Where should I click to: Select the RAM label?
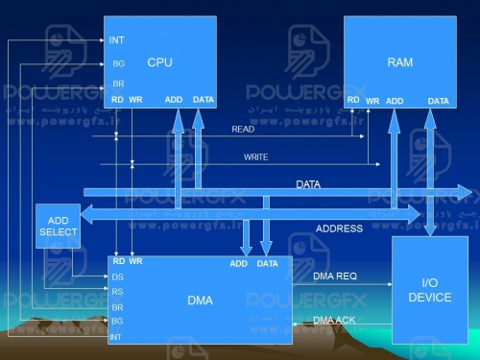click(399, 62)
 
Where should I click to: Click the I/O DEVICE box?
click(429, 290)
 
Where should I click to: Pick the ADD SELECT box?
click(58, 227)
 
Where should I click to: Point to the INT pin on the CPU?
click(117, 40)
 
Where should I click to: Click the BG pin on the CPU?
click(118, 63)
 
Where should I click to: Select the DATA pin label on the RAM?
click(438, 101)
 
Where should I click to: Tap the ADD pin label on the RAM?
click(395, 101)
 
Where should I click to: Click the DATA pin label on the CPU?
click(204, 100)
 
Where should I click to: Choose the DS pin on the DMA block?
click(117, 276)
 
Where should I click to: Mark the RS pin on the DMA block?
click(117, 292)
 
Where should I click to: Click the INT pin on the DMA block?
click(116, 337)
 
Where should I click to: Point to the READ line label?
click(243, 129)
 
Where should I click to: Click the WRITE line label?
click(255, 156)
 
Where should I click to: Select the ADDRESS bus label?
click(339, 228)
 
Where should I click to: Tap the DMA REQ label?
click(335, 276)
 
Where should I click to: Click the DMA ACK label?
click(335, 319)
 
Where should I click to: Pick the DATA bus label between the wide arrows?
click(308, 182)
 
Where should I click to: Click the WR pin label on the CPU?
click(135, 100)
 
